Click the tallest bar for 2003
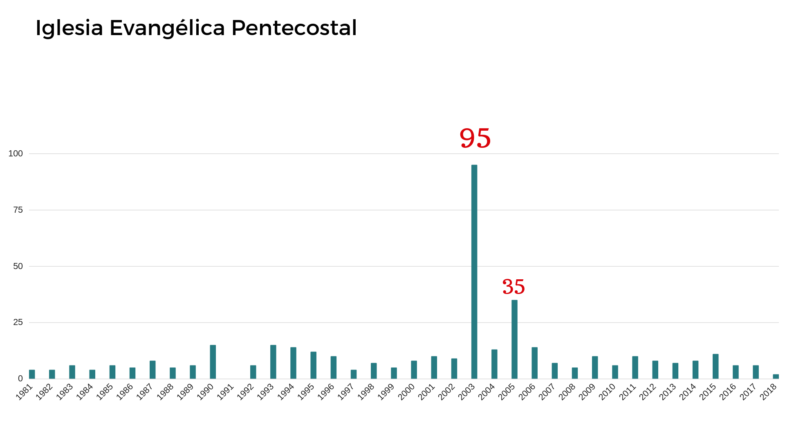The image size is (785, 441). pos(474,272)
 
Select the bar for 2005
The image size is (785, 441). pos(514,339)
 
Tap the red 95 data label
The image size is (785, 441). pos(475,138)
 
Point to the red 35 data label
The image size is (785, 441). pos(514,287)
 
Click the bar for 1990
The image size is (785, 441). pos(213,362)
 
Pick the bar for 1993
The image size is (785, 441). pos(273,362)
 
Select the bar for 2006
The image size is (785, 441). pos(534,363)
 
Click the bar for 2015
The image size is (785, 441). pos(715,366)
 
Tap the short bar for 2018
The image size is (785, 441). pos(776,376)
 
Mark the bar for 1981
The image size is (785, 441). pos(32,374)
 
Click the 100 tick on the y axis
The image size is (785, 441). pos(16,154)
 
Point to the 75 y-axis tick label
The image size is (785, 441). pos(18,210)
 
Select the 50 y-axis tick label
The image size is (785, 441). pos(18,266)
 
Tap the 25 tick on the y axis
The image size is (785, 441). pos(18,323)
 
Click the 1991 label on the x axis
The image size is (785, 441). pos(225,392)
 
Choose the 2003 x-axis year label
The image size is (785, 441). pos(467,392)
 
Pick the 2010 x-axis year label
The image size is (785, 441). pos(607,392)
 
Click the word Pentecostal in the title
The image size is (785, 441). pos(294,28)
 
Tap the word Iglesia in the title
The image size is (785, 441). pos(69,28)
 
